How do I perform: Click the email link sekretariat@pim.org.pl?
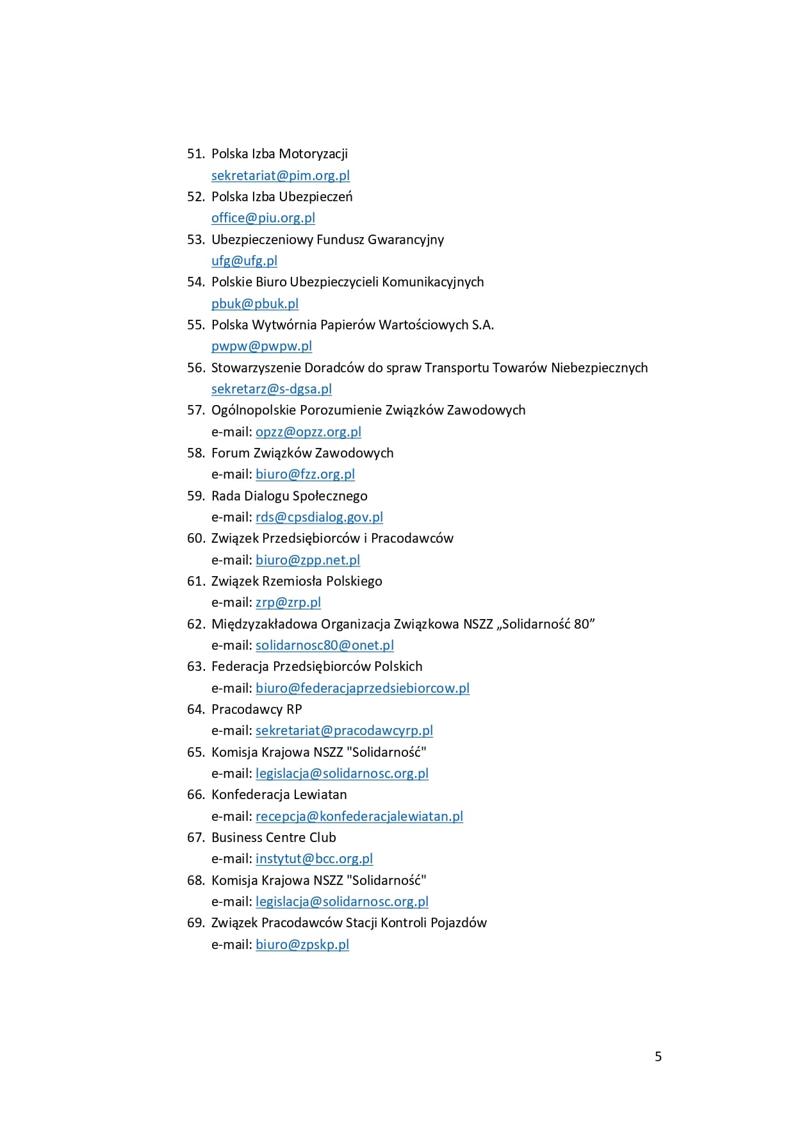(x=281, y=176)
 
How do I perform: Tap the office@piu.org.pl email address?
(x=263, y=218)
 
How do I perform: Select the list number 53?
(x=195, y=240)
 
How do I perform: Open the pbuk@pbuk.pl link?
(x=255, y=304)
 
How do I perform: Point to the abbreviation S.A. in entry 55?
(x=482, y=325)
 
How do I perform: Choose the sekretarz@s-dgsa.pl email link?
(x=272, y=389)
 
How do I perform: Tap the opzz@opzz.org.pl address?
(x=308, y=432)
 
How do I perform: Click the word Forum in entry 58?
(x=230, y=453)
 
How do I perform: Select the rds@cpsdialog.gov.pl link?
(x=319, y=517)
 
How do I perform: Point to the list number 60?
(x=195, y=538)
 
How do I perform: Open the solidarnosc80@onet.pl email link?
(x=324, y=645)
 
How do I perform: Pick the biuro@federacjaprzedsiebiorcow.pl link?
(x=363, y=688)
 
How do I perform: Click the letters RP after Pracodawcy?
(x=294, y=709)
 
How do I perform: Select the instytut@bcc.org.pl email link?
(x=314, y=859)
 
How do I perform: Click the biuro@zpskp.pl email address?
(x=302, y=945)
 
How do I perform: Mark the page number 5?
(x=658, y=1057)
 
